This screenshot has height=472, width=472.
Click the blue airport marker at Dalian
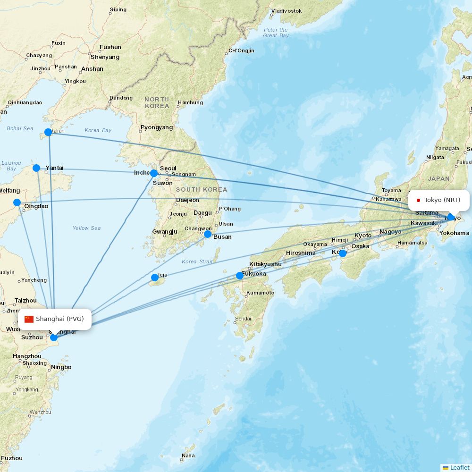48,132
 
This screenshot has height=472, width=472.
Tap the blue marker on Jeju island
154,278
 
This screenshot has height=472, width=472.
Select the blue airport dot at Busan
208,234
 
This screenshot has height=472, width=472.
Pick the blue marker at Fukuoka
240,276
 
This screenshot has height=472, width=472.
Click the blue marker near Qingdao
17,202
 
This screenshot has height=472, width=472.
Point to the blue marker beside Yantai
36,168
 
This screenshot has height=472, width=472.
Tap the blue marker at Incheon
154,173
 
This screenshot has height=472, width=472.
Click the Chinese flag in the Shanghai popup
29,319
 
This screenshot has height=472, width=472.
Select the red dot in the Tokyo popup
418,200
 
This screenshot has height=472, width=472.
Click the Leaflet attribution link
459,467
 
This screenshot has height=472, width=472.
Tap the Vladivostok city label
287,10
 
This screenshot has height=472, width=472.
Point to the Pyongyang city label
157,127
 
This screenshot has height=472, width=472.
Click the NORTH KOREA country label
157,102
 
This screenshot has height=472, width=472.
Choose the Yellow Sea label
86,228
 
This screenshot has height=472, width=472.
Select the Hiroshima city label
301,253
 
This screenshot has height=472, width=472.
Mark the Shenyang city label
105,57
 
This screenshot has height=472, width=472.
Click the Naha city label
188,455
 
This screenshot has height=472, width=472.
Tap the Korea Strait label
197,261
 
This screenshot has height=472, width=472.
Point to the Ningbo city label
61,367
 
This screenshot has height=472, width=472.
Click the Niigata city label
435,157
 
